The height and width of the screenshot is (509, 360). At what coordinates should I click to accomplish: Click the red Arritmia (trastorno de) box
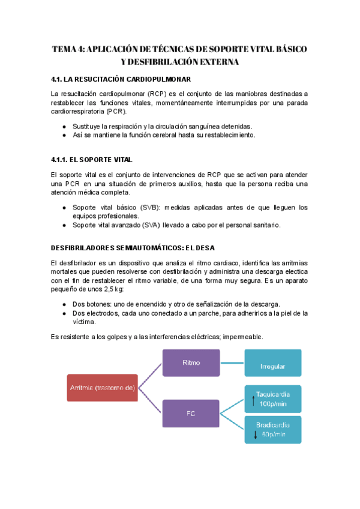click(x=101, y=388)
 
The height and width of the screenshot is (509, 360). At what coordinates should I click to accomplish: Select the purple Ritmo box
click(x=190, y=363)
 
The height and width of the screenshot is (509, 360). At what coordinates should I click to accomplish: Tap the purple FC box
click(x=190, y=413)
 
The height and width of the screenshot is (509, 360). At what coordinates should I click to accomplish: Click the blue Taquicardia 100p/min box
click(x=272, y=399)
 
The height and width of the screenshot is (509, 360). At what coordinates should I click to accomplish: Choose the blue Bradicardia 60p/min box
click(x=272, y=430)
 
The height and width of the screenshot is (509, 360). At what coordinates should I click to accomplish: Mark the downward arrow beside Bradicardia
click(x=247, y=433)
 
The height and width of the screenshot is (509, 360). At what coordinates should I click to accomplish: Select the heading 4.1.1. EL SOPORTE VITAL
click(x=92, y=160)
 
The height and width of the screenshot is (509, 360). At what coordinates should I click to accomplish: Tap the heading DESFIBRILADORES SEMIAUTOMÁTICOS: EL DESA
click(x=133, y=247)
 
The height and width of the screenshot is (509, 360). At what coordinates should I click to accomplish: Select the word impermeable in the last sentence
click(x=242, y=337)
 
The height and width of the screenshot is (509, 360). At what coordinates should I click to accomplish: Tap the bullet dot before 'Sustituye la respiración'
click(x=64, y=126)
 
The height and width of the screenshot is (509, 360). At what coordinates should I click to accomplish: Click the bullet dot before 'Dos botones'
click(x=64, y=304)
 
